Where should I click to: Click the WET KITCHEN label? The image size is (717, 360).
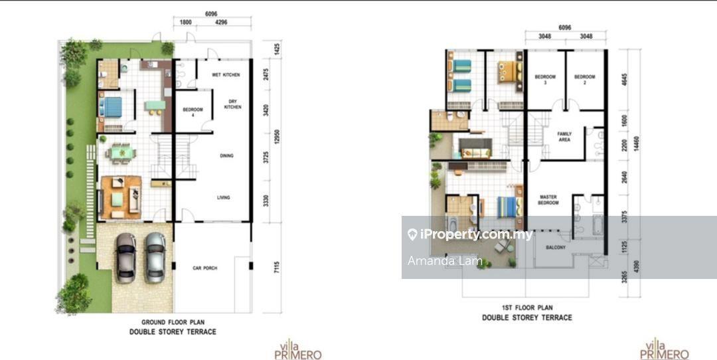click(226, 74)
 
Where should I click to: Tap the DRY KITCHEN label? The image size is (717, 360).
click(232, 104)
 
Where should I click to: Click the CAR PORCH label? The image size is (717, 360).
click(205, 268)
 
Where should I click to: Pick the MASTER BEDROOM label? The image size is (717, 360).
click(548, 199)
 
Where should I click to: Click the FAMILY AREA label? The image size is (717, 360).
click(564, 137)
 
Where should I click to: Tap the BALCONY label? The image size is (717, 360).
click(556, 247)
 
